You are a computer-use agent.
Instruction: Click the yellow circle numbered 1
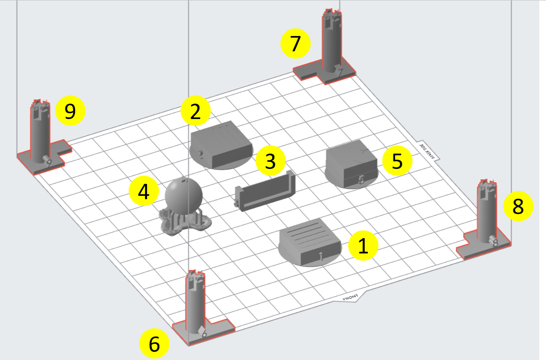coord(363,246)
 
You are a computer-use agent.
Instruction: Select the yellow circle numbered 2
coord(195,111)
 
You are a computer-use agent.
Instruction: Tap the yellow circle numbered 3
coord(270,161)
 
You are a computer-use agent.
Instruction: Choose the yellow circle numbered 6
coord(154,344)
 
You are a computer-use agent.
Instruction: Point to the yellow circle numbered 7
coord(295,44)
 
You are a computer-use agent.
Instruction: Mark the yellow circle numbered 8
coord(518,206)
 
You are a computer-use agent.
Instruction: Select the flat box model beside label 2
coord(221,144)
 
